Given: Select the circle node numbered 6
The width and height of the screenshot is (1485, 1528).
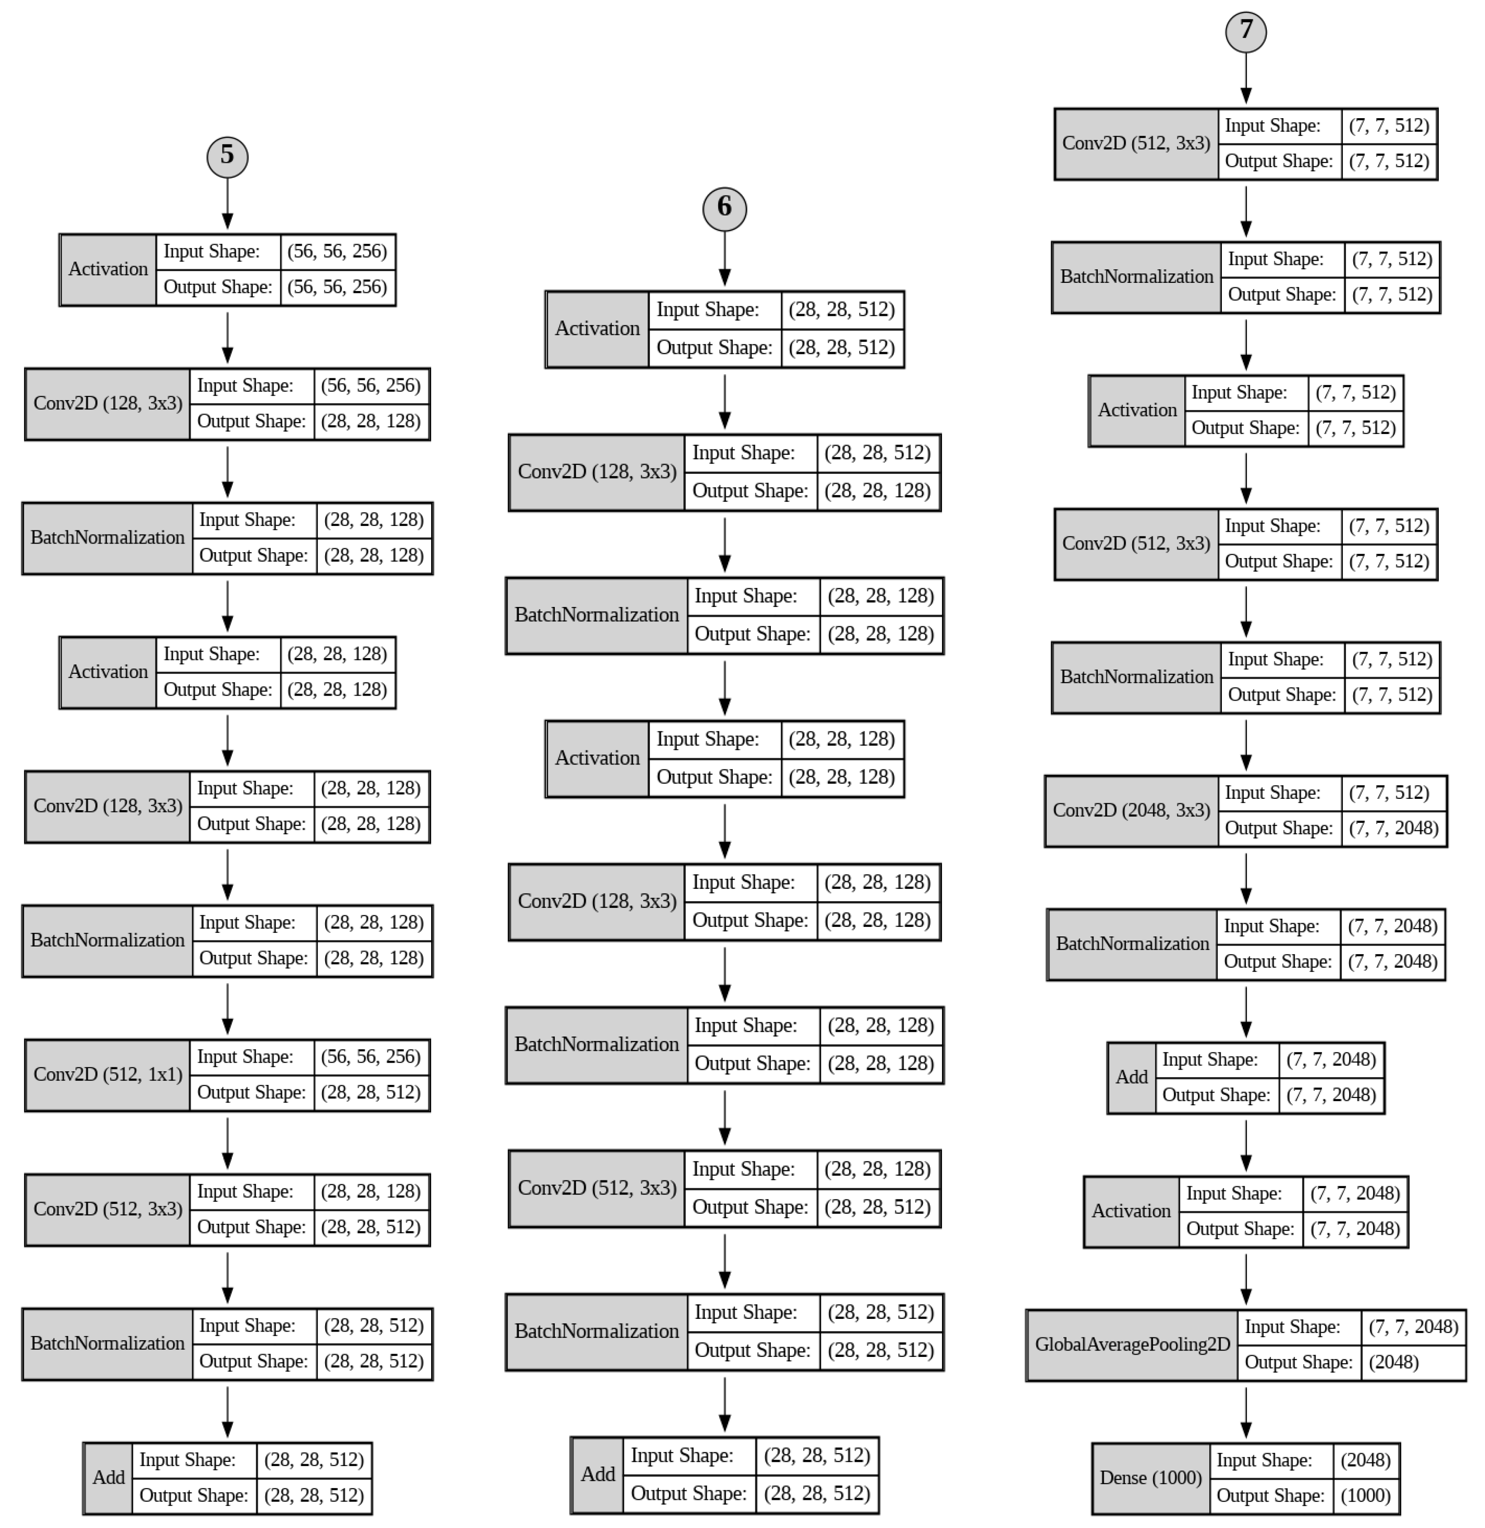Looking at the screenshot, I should (x=725, y=208).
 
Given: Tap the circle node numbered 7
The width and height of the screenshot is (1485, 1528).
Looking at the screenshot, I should (x=1245, y=31).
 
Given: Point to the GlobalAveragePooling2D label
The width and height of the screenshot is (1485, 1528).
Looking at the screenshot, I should (x=1132, y=1344).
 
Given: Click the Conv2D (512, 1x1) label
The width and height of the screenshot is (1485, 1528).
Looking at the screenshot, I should (x=108, y=1074).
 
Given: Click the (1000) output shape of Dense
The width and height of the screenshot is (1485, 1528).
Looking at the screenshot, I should (x=1365, y=1495).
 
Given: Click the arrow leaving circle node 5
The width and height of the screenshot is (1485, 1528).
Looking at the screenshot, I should (x=227, y=204).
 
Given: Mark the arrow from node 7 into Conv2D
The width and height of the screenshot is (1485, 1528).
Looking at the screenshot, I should (x=1245, y=78).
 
